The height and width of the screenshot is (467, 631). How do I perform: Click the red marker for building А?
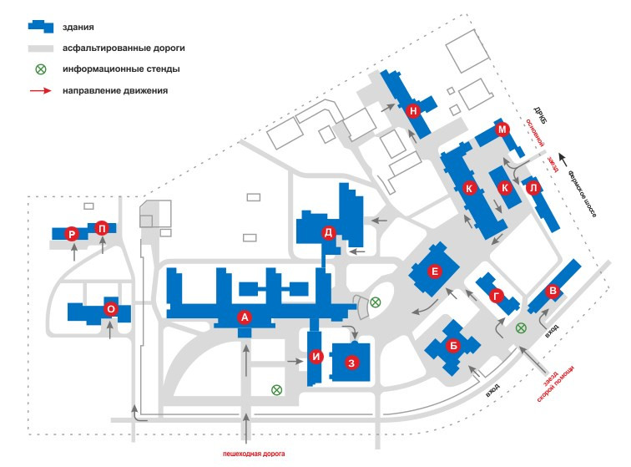[245, 317]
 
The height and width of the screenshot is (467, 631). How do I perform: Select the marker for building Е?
[434, 271]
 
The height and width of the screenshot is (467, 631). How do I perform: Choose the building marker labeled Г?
[497, 295]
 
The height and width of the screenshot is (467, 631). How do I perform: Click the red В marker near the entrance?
[551, 291]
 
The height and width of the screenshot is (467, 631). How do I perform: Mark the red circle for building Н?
[412, 109]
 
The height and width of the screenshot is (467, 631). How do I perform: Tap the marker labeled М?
[502, 129]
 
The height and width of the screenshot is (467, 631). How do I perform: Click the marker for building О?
[110, 309]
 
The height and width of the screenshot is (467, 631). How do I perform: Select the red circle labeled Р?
[73, 236]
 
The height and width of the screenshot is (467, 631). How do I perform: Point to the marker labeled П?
[102, 227]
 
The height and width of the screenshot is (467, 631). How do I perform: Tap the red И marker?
[315, 358]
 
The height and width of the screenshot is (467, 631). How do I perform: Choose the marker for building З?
[352, 363]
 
